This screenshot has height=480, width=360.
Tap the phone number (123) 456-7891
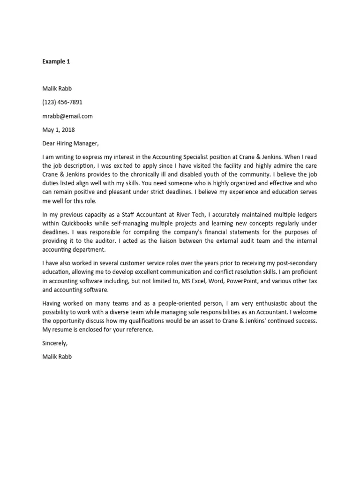click(x=62, y=102)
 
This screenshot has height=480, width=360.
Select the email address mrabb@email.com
click(x=67, y=116)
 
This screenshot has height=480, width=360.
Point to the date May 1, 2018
click(x=59, y=130)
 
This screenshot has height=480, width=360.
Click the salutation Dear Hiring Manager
click(x=71, y=143)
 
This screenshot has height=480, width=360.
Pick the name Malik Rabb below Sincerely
click(x=57, y=356)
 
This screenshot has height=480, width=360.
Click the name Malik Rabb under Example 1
click(x=57, y=89)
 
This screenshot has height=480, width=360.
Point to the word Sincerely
click(x=55, y=343)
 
